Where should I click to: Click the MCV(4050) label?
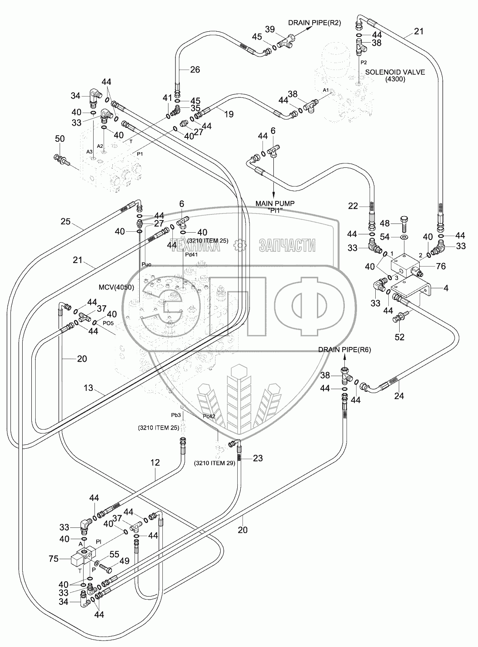116,287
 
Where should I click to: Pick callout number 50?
60,139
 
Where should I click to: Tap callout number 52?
399,337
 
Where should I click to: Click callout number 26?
195,69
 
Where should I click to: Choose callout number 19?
228,114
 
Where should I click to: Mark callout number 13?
88,388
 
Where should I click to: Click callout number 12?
155,463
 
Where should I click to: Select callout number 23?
258,458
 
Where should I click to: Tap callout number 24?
399,396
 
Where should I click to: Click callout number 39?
270,29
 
